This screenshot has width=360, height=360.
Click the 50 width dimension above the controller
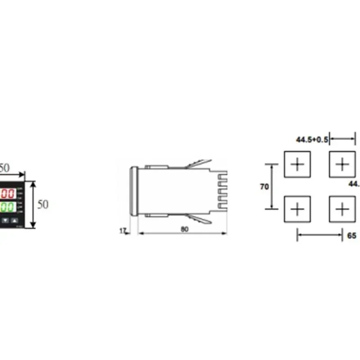pos(4,168)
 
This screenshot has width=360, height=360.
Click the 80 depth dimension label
pos(184,229)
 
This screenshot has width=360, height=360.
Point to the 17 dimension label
pos(122,231)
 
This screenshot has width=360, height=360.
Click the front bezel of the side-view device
pos(133,192)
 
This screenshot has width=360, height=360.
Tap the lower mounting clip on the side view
pos(198,219)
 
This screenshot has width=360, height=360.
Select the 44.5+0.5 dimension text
pos(312,139)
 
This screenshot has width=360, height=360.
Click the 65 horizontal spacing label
pos(352,235)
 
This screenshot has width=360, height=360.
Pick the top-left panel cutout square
pos(297,164)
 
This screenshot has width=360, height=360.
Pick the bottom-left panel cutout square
pos(297,209)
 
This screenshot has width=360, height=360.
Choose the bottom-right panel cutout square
pos(342,209)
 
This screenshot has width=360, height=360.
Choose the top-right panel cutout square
pos(342,164)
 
